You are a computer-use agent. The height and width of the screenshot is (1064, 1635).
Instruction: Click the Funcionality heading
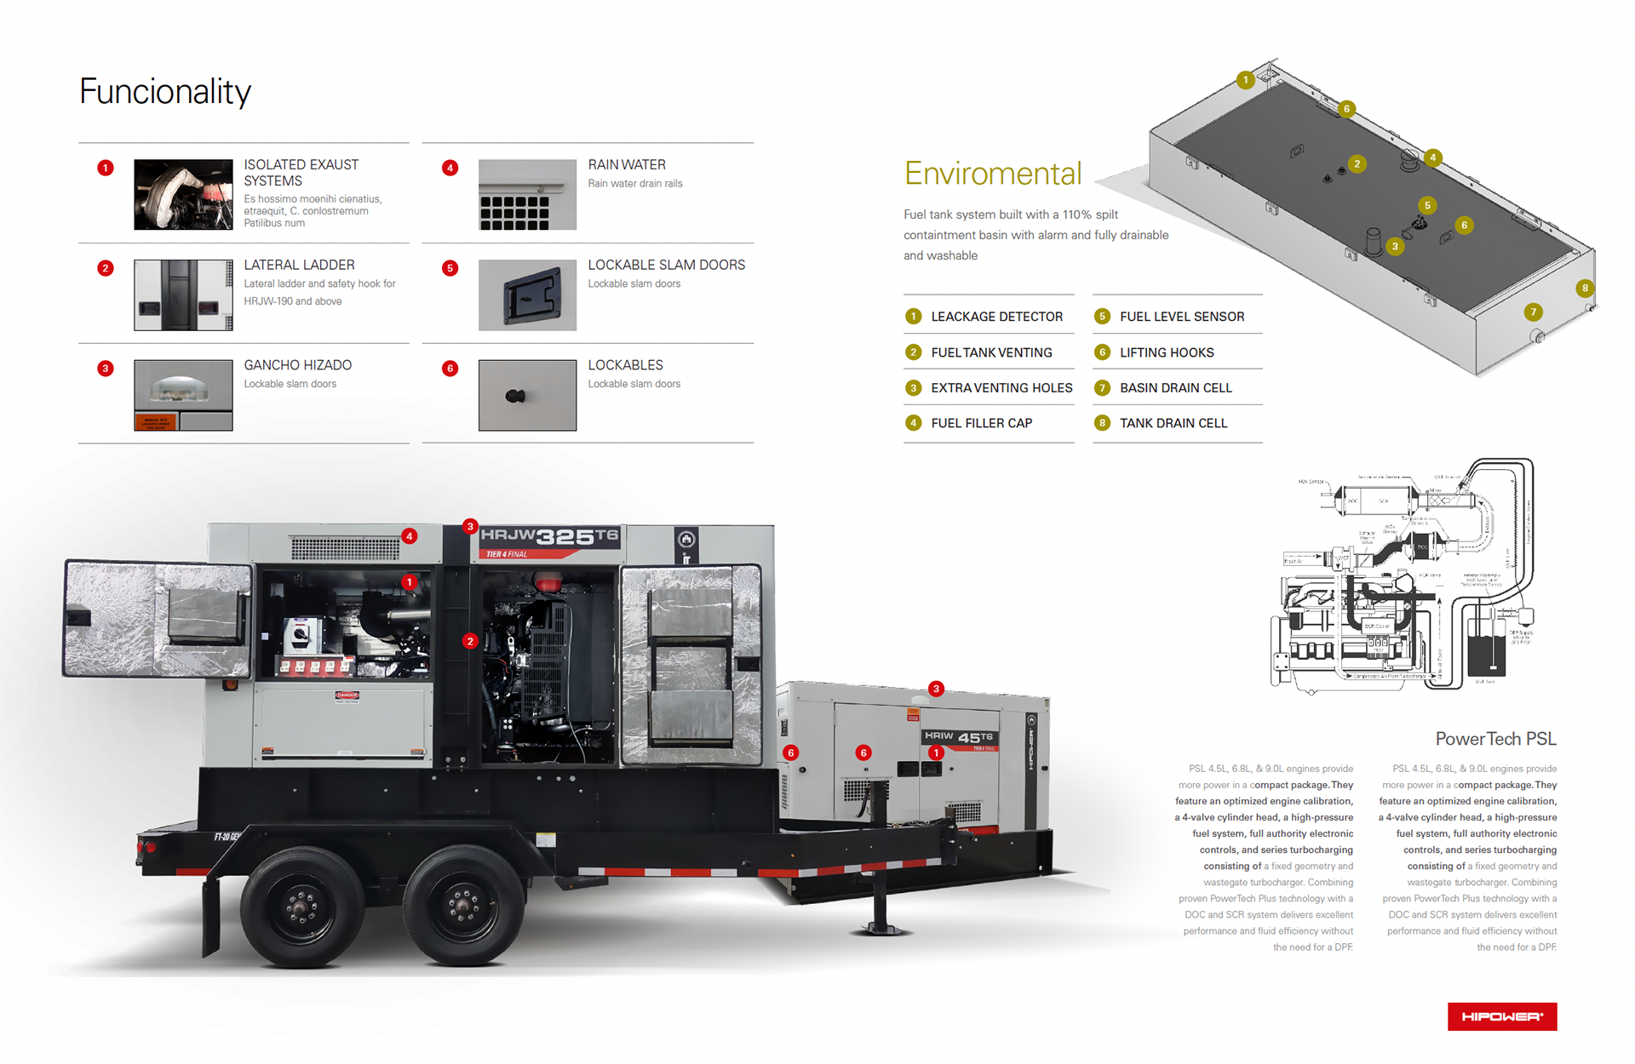coord(165,92)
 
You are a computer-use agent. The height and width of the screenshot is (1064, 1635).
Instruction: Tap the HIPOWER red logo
coord(1501,1016)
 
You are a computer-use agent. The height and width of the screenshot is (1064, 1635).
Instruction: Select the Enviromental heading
coord(993,174)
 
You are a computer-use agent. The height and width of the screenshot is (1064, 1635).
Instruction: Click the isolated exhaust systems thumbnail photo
coord(183,195)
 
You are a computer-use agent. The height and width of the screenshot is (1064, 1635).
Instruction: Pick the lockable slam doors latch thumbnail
coord(527,295)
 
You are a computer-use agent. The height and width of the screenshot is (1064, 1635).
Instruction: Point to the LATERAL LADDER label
coord(299,266)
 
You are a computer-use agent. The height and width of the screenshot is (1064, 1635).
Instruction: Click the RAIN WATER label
coord(627,165)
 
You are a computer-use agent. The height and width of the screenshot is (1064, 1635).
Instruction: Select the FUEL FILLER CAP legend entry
coord(981,423)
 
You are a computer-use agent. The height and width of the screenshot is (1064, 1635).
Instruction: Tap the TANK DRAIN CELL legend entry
coord(1173,423)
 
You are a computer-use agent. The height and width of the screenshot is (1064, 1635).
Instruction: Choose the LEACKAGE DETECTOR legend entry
coord(996,317)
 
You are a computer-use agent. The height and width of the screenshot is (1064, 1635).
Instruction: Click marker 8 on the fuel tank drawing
coord(1585,288)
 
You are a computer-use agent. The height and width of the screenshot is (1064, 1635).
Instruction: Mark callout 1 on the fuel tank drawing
coord(1246,80)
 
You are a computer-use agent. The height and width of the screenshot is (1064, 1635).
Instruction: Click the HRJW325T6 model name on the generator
coord(549,536)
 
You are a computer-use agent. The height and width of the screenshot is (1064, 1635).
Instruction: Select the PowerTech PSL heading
coord(1495,739)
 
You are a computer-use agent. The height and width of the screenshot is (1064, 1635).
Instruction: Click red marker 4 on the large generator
coord(410,536)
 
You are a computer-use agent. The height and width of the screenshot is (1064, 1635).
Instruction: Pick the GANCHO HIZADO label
coord(297,365)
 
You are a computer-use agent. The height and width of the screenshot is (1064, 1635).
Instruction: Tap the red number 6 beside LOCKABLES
coord(450,369)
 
